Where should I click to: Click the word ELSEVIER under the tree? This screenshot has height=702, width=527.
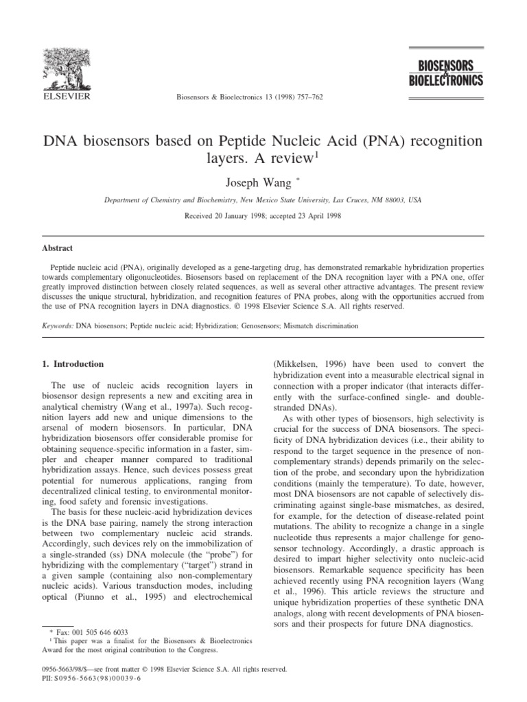tap(62, 99)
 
